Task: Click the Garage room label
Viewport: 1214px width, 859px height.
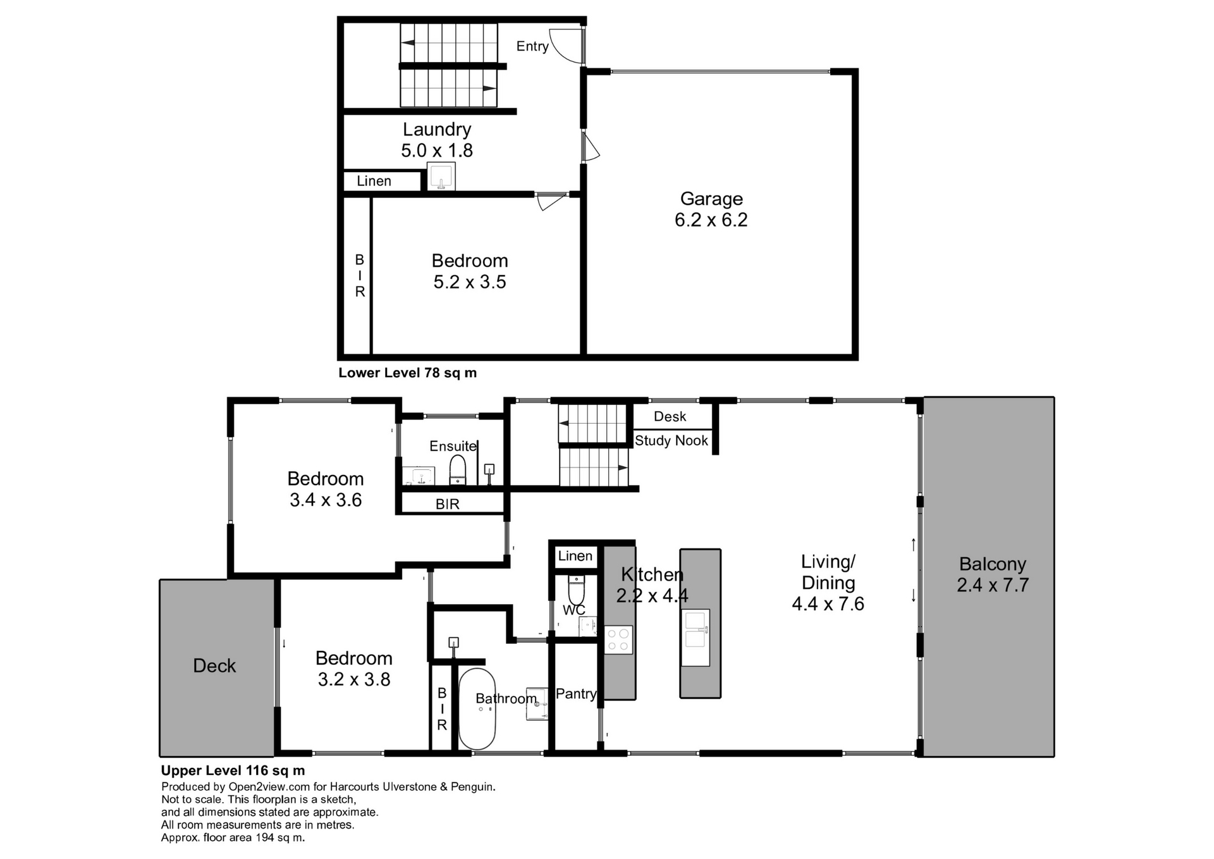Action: (711, 199)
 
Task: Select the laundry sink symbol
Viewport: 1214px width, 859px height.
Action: (441, 176)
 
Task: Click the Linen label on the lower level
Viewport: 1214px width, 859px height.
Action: (374, 181)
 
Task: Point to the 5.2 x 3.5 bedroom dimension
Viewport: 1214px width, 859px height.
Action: (469, 282)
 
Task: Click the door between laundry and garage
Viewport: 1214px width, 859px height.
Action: (590, 147)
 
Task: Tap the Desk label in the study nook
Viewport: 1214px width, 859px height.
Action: (670, 416)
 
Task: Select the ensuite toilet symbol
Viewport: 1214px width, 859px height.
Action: (457, 471)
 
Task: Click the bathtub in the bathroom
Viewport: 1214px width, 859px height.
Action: (477, 709)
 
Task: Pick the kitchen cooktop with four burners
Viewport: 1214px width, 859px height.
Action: (618, 640)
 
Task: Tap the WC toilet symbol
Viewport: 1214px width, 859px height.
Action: (576, 591)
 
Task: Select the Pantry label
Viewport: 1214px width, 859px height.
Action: (575, 694)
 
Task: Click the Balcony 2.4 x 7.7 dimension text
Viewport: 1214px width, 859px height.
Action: (992, 585)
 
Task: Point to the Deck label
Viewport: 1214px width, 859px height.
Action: (214, 665)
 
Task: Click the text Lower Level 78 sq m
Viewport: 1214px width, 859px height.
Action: (407, 373)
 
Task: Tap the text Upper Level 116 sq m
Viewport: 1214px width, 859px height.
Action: (233, 770)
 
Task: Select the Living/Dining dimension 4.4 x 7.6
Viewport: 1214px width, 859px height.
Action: (828, 604)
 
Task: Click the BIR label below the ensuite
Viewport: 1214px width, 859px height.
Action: (447, 504)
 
